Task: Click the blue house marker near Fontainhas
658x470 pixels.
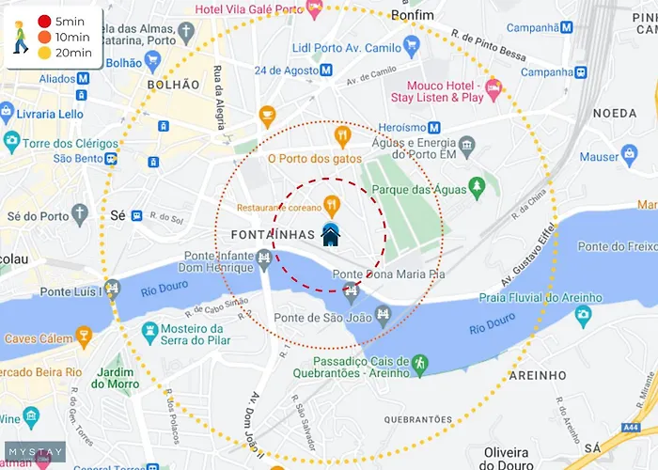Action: tap(331, 234)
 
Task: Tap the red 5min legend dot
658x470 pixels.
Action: tap(44, 21)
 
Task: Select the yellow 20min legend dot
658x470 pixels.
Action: tap(44, 53)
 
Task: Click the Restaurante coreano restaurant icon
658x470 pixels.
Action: tap(331, 203)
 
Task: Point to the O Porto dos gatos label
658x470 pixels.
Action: tap(315, 159)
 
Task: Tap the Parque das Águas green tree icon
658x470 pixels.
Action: tap(478, 188)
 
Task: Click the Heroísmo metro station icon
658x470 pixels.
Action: tap(434, 128)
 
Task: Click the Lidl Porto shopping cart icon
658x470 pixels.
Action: tap(411, 44)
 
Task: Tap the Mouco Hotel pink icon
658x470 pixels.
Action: tap(493, 88)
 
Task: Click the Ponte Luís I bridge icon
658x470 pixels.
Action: tap(113, 288)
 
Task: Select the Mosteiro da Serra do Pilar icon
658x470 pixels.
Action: tap(149, 331)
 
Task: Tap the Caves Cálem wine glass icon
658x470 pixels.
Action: tap(84, 336)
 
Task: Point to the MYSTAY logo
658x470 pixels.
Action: tap(36, 452)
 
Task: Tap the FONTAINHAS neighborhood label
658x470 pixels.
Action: tap(273, 234)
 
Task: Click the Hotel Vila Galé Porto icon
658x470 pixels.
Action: tap(315, 8)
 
